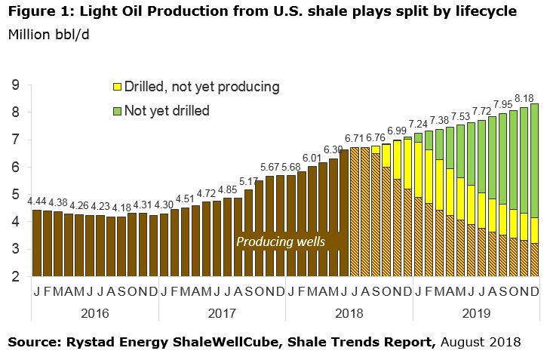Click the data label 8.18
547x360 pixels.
pyautogui.click(x=524, y=99)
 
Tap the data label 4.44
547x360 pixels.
pyautogui.click(x=37, y=202)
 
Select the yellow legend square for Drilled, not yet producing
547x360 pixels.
pyautogui.click(x=117, y=87)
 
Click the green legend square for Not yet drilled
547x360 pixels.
pyautogui.click(x=117, y=111)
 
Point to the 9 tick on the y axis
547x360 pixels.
pyautogui.click(x=16, y=85)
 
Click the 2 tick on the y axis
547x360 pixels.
pyautogui.click(x=16, y=277)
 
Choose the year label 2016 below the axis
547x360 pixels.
pyautogui.click(x=95, y=313)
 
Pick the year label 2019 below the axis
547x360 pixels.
pyautogui.click(x=477, y=313)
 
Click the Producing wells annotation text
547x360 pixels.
pyautogui.click(x=281, y=242)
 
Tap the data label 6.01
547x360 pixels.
pyautogui.click(x=312, y=158)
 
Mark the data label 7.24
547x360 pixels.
pyautogui.click(x=418, y=125)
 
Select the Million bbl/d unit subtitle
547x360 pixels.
pyautogui.click(x=49, y=35)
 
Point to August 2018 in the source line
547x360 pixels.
pyautogui.click(x=481, y=342)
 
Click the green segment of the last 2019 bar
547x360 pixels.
pyautogui.click(x=535, y=161)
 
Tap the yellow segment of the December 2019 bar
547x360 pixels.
pyautogui.click(x=535, y=231)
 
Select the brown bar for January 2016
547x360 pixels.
pyautogui.click(x=37, y=243)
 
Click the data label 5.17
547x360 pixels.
pyautogui.click(x=249, y=181)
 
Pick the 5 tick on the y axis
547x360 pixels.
pyautogui.click(x=16, y=194)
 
